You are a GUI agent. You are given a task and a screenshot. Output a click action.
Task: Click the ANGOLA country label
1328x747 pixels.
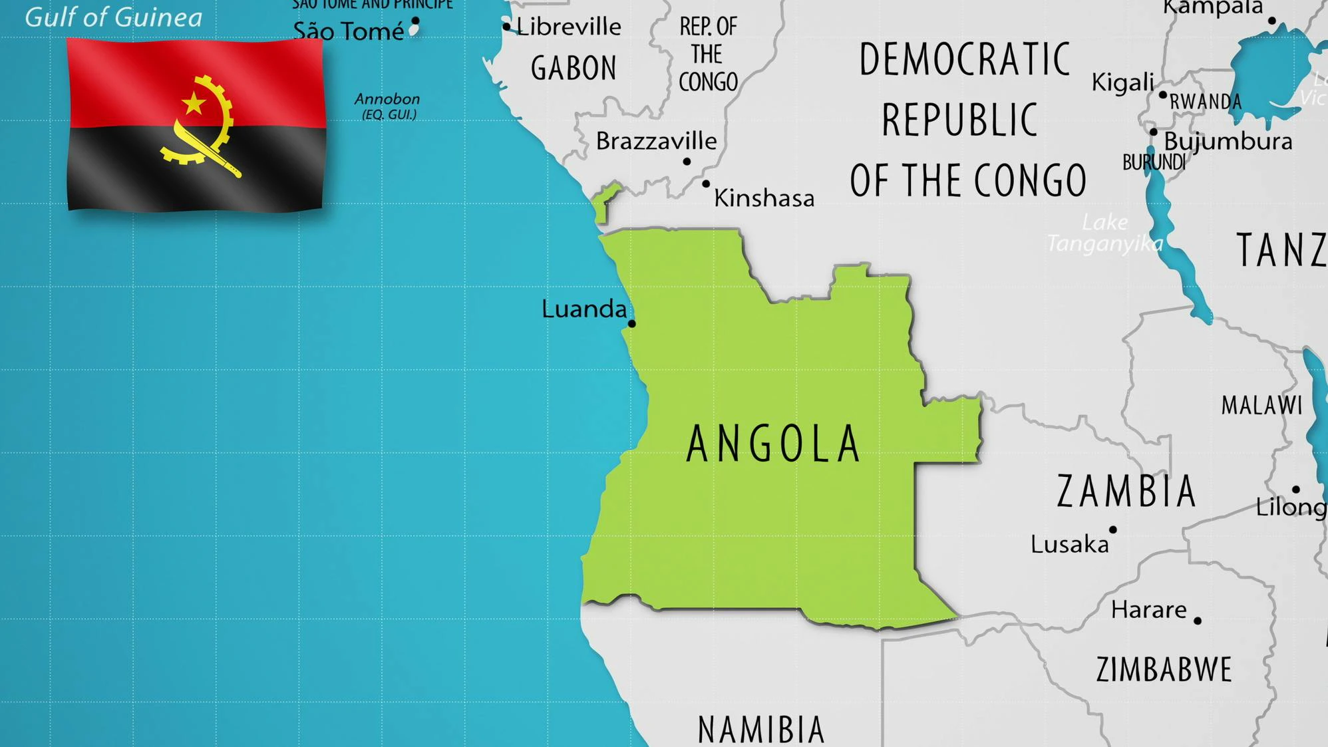point(773,444)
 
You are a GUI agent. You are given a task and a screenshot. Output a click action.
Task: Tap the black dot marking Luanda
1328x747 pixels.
point(632,324)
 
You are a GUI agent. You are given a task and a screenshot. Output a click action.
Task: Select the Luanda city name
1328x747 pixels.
point(583,309)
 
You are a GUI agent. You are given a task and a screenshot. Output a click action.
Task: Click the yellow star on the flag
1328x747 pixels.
point(194,103)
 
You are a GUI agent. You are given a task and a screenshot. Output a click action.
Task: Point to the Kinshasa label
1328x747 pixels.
point(764,198)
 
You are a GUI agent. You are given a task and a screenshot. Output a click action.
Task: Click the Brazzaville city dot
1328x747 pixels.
point(687,162)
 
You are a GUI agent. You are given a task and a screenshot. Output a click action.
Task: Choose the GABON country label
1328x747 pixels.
point(574,68)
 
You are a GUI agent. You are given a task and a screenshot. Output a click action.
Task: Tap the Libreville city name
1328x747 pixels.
point(568,27)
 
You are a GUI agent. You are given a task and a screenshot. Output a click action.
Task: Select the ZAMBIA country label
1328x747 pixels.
point(1126,492)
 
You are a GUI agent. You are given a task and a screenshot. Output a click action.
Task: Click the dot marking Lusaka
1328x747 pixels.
point(1113,530)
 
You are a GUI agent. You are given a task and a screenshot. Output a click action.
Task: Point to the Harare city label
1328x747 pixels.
point(1148,609)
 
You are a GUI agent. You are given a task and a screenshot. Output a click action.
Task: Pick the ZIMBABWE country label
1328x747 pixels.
point(1164,669)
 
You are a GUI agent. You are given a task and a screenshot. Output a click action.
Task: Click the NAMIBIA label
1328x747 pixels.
point(761,729)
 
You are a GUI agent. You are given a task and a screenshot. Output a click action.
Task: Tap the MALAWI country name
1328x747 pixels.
point(1261,405)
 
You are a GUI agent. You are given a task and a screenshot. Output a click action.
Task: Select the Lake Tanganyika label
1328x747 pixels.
point(1104,233)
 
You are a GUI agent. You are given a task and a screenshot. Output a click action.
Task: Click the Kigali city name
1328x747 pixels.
point(1122,82)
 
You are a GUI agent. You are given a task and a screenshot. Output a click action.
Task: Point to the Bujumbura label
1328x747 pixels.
point(1228,141)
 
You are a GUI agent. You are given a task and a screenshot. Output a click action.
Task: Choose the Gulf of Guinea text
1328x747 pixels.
point(113,17)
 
